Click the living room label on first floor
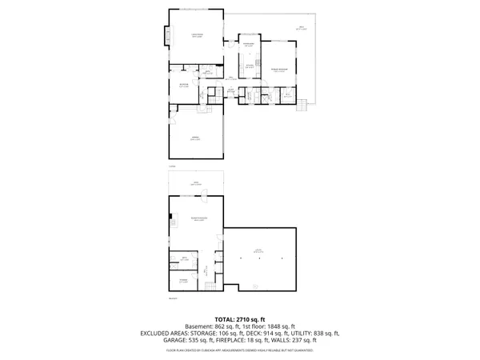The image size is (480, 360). coord(195,35)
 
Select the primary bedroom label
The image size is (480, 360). coord(279,70)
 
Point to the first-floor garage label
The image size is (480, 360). coord(195,140)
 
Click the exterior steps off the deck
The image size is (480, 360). coord(303,102)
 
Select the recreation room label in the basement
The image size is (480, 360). coord(194,218)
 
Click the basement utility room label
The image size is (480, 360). coord(258,252)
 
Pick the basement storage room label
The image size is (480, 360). coord(183,280)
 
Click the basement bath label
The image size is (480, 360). coord(184,258)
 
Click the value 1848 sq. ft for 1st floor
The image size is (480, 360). coord(279,326)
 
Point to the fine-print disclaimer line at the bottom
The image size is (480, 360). coord(239,350)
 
